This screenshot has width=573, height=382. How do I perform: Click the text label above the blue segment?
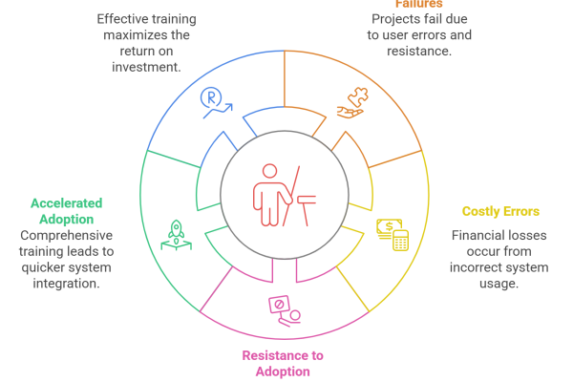(x=148, y=43)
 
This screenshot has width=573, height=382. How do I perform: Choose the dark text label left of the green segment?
(x=67, y=253)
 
